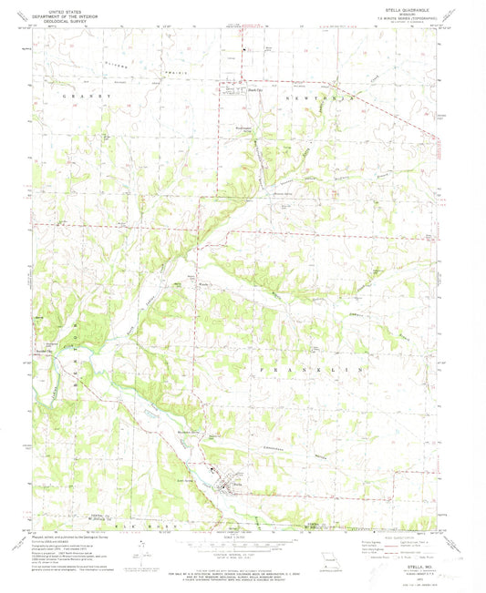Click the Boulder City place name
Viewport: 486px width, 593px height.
point(43,351)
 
